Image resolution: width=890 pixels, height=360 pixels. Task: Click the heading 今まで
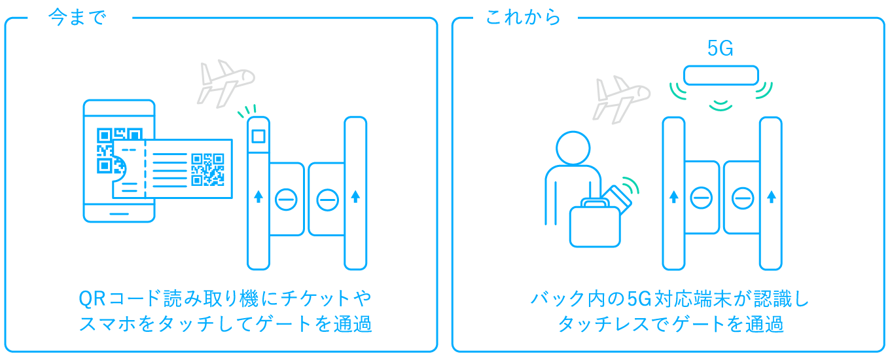tap(77, 18)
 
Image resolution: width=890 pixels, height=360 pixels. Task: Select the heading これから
tap(523, 18)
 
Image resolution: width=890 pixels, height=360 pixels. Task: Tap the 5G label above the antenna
tap(721, 48)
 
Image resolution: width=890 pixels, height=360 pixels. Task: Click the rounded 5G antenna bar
tap(721, 75)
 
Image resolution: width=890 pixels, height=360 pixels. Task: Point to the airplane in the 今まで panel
tap(224, 82)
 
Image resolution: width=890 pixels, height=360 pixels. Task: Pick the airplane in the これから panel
tap(620, 98)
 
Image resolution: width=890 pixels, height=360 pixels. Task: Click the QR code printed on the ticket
tap(207, 170)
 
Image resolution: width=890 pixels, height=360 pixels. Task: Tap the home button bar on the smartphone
tap(119, 213)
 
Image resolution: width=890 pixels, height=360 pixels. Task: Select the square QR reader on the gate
tap(258, 137)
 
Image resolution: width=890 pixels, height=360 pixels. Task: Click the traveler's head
tap(573, 149)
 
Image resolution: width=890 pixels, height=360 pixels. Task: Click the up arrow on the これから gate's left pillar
tap(673, 196)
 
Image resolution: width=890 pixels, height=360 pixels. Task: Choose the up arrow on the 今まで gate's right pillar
tap(355, 196)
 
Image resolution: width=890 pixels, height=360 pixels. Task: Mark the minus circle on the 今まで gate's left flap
tap(286, 199)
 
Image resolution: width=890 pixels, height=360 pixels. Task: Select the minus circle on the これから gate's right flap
tap(742, 198)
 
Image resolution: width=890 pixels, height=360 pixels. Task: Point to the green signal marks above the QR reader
tap(248, 110)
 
